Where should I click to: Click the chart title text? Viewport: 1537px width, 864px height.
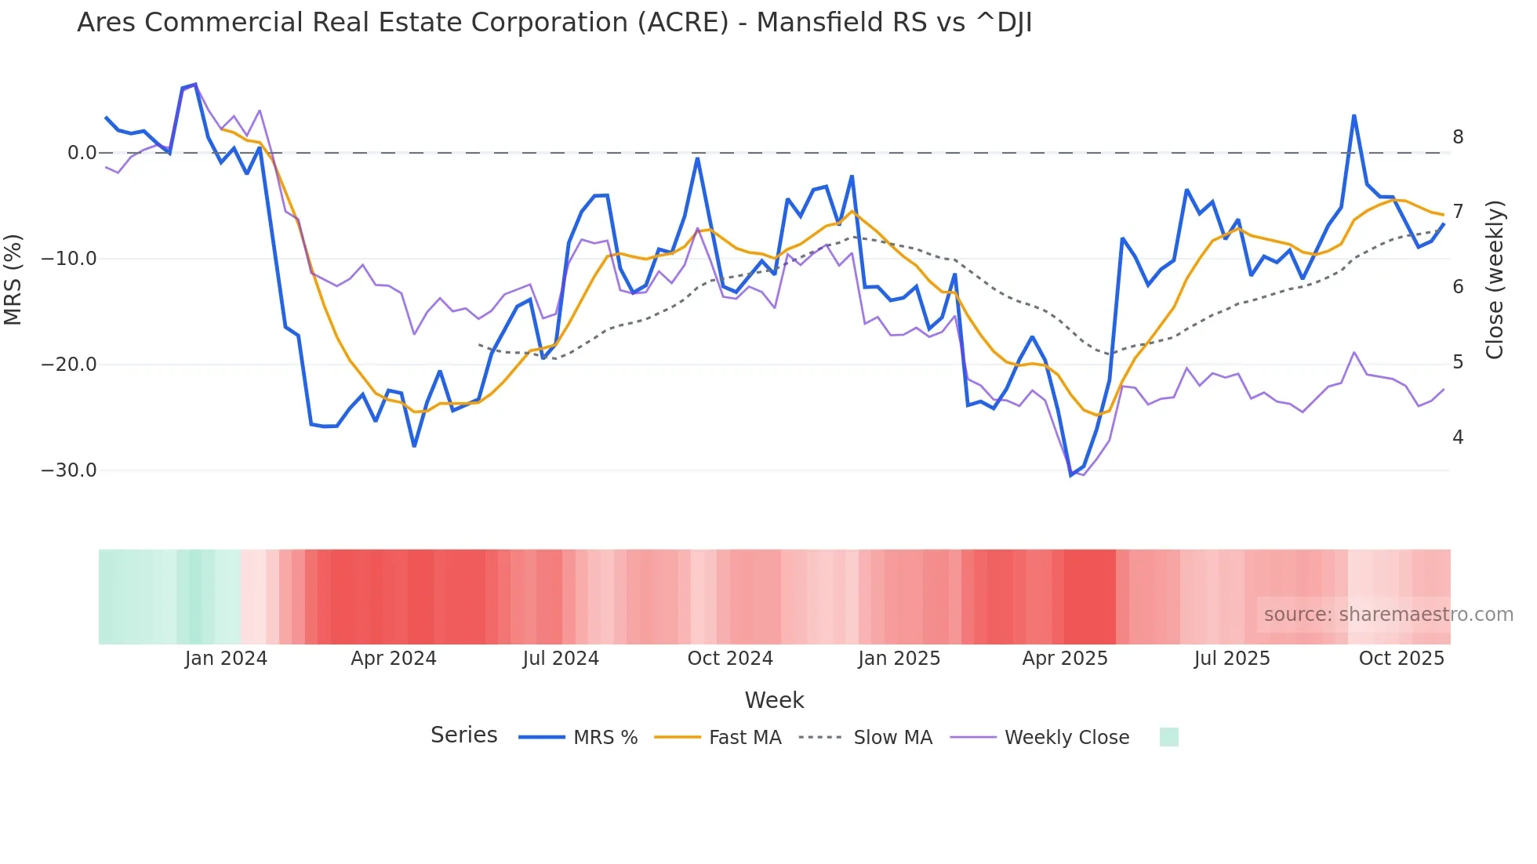pos(554,23)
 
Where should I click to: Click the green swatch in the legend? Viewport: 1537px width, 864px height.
pos(1168,737)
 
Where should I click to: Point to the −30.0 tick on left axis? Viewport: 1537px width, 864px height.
pos(69,470)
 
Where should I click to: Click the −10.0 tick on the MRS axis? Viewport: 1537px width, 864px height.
pos(69,259)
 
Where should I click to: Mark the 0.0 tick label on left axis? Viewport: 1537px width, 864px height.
pos(82,153)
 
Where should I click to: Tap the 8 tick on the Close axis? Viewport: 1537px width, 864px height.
pos(1458,137)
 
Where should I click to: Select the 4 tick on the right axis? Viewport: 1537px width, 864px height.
pos(1458,437)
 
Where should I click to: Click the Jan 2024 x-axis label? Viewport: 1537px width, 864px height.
pos(226,659)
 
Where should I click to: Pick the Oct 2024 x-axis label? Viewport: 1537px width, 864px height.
pos(730,659)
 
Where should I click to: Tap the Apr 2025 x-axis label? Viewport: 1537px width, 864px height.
pos(1064,659)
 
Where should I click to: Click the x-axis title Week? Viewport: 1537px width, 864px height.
pos(774,700)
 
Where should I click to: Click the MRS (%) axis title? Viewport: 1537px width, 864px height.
pos(13,279)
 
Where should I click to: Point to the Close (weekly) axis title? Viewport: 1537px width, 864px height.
pos(1495,279)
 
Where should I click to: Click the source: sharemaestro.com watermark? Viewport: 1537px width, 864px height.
pos(1388,615)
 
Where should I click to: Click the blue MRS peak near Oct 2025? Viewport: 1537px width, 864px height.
pos(1354,116)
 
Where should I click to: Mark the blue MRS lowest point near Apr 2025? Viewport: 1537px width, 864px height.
pos(1071,475)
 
